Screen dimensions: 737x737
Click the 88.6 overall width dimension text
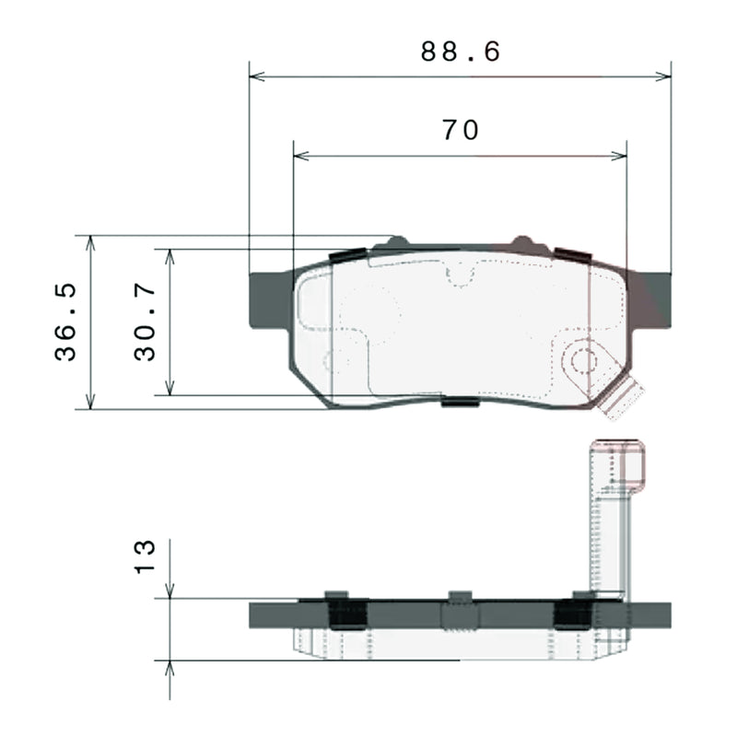point(461,52)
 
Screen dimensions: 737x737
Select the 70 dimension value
point(461,131)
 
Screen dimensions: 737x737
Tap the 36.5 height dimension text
point(65,322)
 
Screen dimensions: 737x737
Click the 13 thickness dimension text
point(145,557)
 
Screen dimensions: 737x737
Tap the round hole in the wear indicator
point(583,360)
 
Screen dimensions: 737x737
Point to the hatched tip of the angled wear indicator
point(624,402)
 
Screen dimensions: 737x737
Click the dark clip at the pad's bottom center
point(460,402)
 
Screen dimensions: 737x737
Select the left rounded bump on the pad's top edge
point(396,243)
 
